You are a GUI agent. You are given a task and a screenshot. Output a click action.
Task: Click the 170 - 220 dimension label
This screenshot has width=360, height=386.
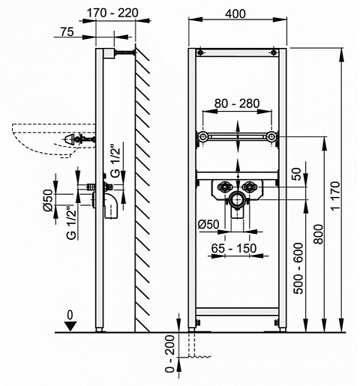point(112,13)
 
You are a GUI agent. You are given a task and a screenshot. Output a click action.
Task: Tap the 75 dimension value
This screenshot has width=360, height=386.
point(67,32)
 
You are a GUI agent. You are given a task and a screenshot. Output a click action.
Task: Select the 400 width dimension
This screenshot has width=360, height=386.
point(235,13)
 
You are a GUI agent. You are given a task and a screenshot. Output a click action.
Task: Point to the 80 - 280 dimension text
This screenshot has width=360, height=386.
point(237,103)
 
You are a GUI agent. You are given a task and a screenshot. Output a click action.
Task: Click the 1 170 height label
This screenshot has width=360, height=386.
point(336,196)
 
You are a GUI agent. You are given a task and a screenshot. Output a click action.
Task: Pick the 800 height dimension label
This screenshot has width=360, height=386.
point(319,234)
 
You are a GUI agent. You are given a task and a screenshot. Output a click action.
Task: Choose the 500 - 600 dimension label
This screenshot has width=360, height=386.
point(298,268)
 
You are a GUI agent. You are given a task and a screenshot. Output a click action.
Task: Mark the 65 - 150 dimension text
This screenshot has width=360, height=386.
point(234,248)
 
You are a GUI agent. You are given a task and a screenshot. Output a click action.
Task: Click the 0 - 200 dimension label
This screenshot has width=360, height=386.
point(170,354)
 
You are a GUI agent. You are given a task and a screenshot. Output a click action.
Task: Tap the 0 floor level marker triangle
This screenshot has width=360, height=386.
point(70,326)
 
